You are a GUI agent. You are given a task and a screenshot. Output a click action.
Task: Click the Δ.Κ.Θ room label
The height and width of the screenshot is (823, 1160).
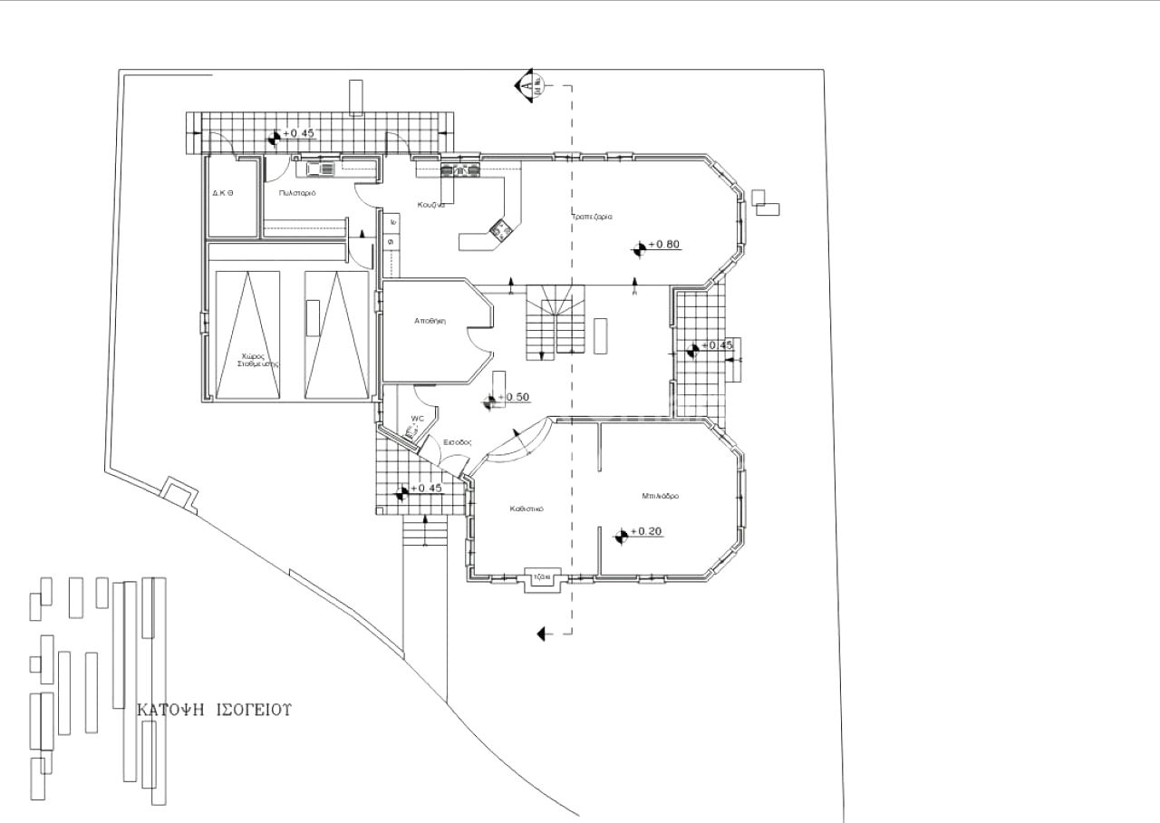(224, 193)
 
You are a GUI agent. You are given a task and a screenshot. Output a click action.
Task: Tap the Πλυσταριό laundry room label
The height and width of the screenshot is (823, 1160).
(297, 193)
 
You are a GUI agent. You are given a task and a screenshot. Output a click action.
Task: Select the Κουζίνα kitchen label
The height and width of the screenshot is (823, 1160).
(430, 205)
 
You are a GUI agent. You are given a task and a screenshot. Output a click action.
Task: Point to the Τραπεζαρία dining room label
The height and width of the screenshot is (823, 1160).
(592, 218)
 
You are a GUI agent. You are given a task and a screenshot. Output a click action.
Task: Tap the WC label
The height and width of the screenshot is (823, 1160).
(417, 419)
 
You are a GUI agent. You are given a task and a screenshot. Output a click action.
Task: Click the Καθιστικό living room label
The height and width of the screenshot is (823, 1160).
(525, 509)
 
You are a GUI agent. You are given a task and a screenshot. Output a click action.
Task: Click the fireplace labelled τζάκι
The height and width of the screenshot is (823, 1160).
(544, 576)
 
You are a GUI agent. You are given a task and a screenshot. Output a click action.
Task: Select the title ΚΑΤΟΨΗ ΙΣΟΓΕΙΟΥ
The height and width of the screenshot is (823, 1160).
(214, 710)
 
